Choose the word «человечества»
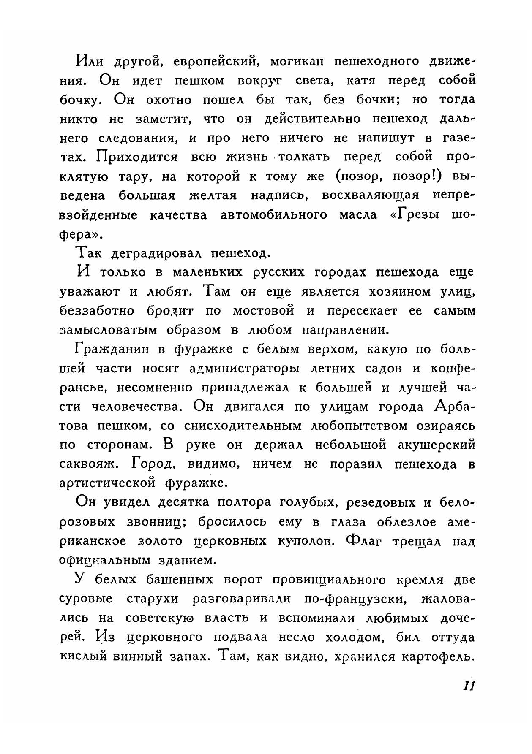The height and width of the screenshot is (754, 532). (137, 407)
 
